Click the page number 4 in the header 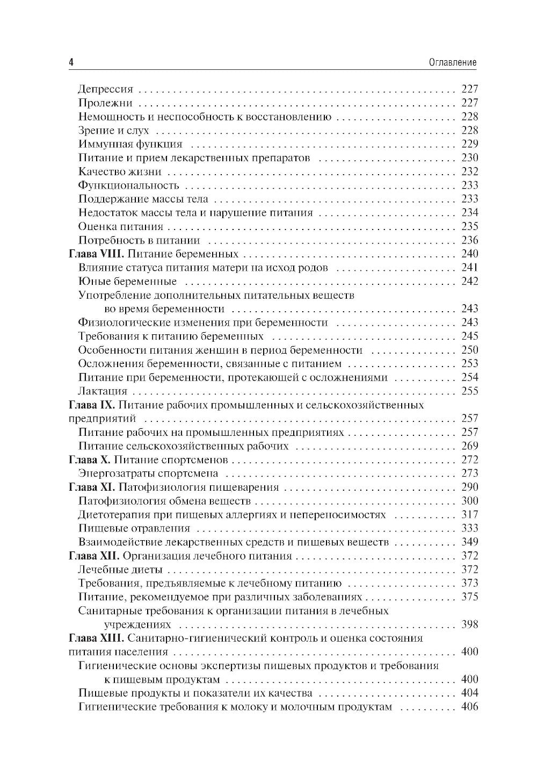point(71,62)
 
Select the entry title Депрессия point(105,89)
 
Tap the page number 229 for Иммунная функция point(469,144)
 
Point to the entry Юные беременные point(127,281)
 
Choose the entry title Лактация point(103,391)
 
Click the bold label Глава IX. point(93,405)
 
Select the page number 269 point(469,446)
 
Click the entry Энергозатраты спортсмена point(148,473)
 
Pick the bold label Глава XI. point(92,487)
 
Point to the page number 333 point(469,528)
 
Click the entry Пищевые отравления point(134,528)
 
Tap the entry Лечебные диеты point(120,569)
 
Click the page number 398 point(469,625)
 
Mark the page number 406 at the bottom point(469,707)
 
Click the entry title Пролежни point(105,103)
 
